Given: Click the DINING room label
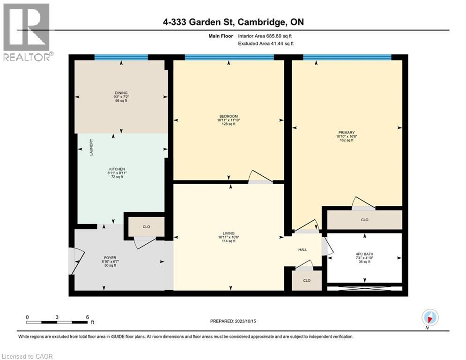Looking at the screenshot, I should [x=121, y=93].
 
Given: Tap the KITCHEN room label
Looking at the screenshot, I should [x=117, y=169].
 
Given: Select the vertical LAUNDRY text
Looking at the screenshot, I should [x=92, y=147].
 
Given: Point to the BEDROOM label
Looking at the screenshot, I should [x=229, y=116].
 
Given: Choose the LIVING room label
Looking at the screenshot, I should [x=229, y=233].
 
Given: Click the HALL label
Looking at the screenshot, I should [x=303, y=249].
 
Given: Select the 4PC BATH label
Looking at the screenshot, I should [x=364, y=254].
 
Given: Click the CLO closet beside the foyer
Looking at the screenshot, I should [x=146, y=227].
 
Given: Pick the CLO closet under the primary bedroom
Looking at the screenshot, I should [x=364, y=219].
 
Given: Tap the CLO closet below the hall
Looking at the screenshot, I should [x=307, y=280].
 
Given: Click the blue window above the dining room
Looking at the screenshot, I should [x=121, y=57].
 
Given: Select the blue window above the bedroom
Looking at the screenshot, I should [x=229, y=57].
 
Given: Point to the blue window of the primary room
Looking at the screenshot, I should [x=347, y=57].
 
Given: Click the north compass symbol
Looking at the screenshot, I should [x=429, y=318].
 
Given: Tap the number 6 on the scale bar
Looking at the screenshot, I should [x=88, y=317].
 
